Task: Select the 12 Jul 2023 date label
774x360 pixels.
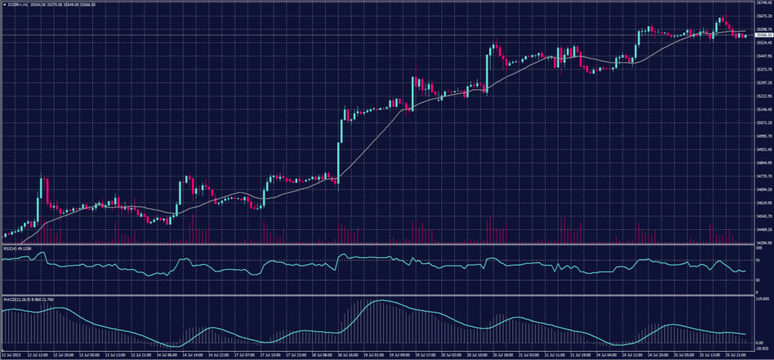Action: pos(16,354)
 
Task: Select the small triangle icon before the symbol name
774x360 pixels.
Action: pos(4,5)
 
